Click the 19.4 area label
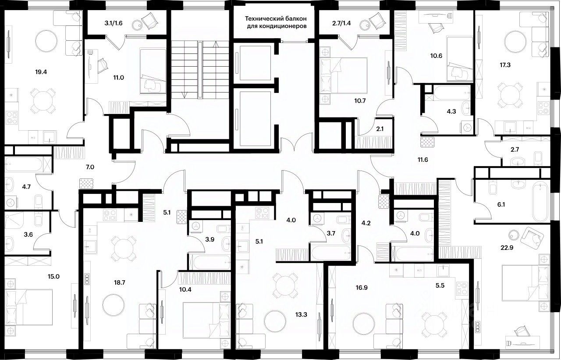tap(41, 72)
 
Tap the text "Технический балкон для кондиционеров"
tap(276, 22)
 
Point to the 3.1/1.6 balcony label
tap(113, 23)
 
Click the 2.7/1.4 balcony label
tap(341, 23)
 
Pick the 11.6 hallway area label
tap(423, 160)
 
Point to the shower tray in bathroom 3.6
tap(14, 221)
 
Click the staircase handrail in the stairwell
tap(200, 70)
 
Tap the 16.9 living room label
tap(362, 288)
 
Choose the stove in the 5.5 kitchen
tap(462, 289)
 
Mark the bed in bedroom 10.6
tap(460, 59)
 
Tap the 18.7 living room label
tap(120, 282)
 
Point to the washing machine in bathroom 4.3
tap(466, 128)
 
